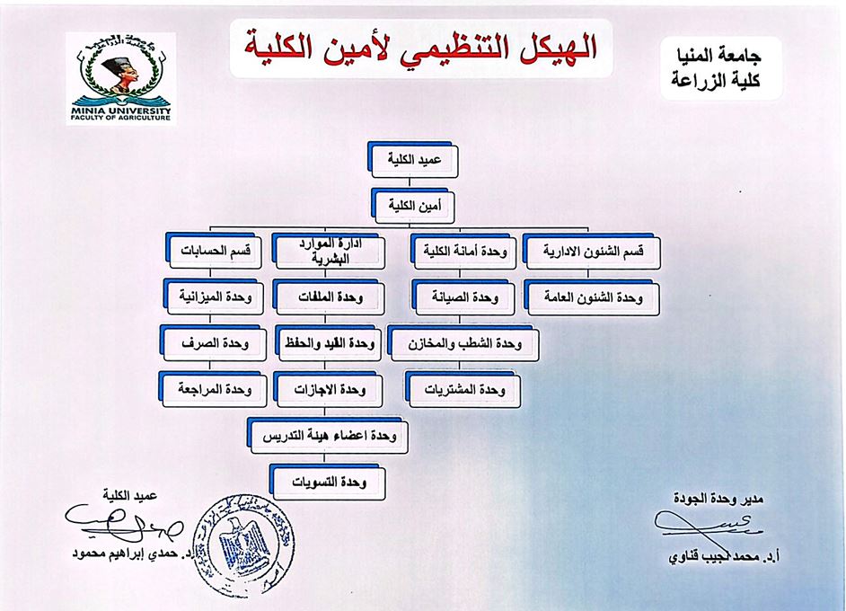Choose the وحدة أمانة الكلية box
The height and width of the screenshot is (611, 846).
click(464, 252)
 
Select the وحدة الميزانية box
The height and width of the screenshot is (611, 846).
click(216, 296)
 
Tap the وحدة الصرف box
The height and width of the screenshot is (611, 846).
click(216, 343)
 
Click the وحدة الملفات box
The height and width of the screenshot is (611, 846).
click(328, 296)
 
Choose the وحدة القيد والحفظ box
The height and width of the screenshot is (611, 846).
click(328, 343)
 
